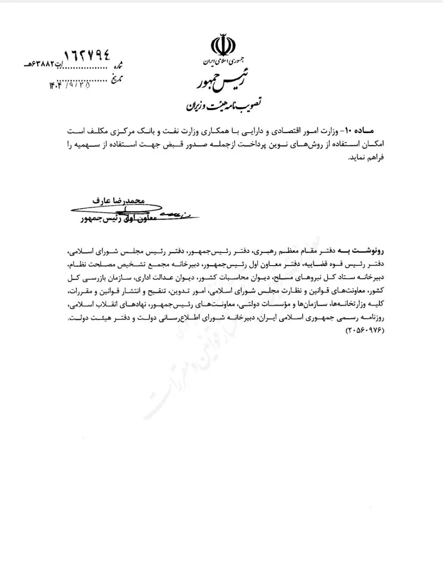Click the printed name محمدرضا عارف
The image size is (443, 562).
click(x=118, y=200)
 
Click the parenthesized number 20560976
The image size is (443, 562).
click(x=362, y=329)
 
